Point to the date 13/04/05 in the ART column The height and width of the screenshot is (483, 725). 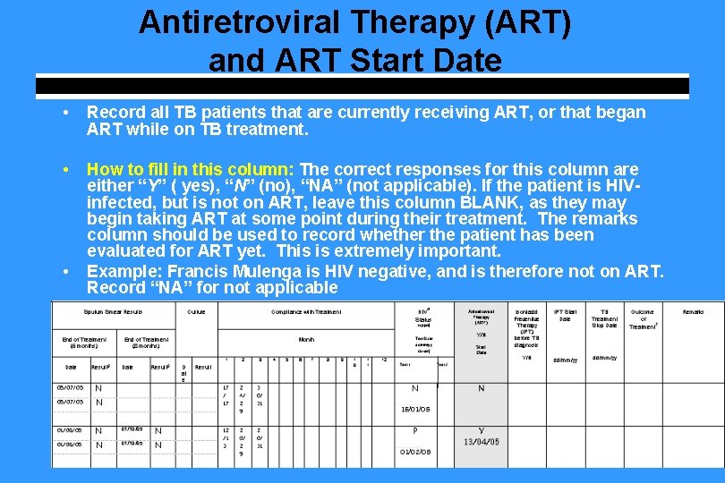tap(481, 442)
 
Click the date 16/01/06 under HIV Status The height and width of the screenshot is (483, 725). tap(415, 408)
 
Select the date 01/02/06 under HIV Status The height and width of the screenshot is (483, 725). tap(415, 452)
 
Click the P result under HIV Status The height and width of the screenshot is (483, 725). tap(414, 430)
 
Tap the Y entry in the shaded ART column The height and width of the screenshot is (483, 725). tap(481, 430)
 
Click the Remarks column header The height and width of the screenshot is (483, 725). tap(693, 311)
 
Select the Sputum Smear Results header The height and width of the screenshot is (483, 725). tap(113, 311)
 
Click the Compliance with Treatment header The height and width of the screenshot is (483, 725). tap(306, 311)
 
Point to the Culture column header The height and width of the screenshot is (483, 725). tap(196, 311)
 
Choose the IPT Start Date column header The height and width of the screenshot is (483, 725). tap(565, 315)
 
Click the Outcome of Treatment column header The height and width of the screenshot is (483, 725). tap(642, 318)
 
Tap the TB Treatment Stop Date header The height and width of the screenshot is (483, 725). tap(604, 318)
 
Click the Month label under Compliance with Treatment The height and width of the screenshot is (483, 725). tap(306, 339)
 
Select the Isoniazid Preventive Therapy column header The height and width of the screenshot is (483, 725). tap(526, 327)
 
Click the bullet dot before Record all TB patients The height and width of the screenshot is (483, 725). tap(66, 114)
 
